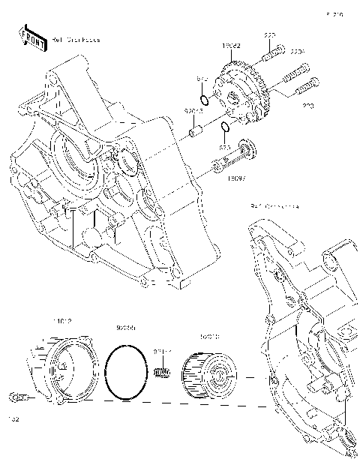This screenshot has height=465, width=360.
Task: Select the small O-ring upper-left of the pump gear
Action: coord(203,100)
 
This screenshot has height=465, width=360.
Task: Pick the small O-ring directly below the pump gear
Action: coord(224,127)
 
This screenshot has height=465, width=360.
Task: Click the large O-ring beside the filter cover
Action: coord(126,373)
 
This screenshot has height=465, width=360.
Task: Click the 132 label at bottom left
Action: coord(13,419)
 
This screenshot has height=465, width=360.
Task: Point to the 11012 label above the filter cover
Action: coord(61,321)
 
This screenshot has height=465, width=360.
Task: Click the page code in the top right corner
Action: coord(334,14)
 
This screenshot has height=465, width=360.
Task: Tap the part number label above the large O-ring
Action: coord(125,328)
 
